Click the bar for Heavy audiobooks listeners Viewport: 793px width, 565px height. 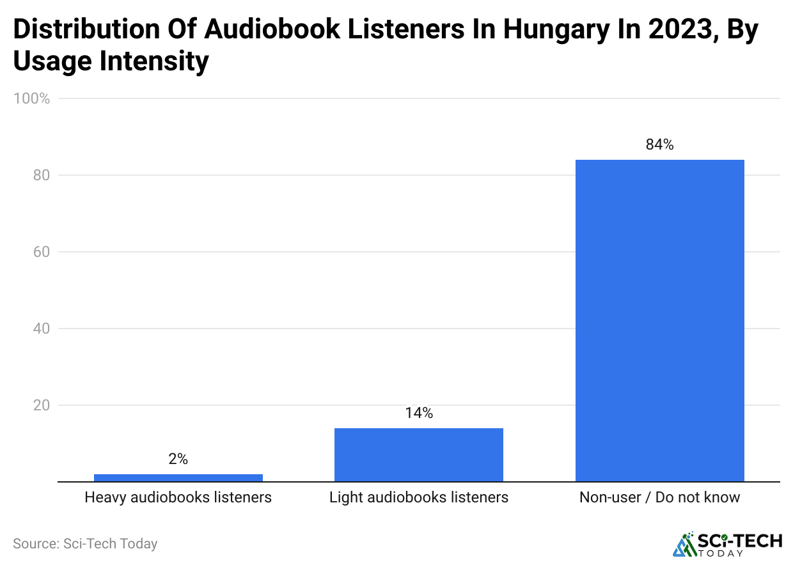pos(178,477)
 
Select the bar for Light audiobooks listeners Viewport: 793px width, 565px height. pos(418,454)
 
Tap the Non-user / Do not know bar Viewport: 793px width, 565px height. pos(659,320)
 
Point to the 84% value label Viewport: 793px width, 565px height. pos(659,145)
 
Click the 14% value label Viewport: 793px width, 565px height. pos(418,414)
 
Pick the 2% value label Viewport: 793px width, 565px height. pos(178,460)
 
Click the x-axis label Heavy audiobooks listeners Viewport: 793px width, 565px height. pos(178,497)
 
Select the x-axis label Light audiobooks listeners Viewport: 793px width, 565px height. pos(418,497)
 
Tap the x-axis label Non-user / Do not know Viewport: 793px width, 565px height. pos(659,497)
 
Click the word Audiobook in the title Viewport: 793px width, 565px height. pos(244,30)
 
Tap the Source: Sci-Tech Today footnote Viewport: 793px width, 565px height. pos(85,544)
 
